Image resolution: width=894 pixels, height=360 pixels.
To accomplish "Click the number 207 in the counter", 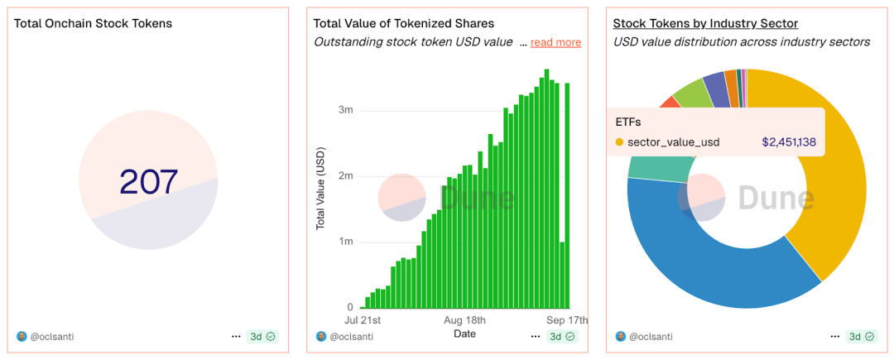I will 149,182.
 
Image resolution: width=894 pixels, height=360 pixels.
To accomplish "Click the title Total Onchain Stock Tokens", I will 94,23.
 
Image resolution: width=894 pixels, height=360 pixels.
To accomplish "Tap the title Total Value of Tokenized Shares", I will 404,23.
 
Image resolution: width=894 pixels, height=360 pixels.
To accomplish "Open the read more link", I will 555,42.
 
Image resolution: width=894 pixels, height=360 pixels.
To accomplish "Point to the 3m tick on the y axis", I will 345,110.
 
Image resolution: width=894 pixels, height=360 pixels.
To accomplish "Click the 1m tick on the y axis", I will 345,242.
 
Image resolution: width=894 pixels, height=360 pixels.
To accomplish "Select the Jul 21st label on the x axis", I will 363,320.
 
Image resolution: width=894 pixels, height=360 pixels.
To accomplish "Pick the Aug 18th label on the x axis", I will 464,320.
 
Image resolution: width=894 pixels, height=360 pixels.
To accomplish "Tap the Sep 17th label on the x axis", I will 568,320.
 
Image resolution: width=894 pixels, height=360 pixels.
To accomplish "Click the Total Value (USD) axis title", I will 321,188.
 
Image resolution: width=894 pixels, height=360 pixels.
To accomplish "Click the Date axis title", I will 464,334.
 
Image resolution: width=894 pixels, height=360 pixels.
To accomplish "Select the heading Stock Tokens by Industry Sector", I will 705,23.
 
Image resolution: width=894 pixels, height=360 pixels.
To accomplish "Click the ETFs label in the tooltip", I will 629,122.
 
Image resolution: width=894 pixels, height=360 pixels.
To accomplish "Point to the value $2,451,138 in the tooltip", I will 789,142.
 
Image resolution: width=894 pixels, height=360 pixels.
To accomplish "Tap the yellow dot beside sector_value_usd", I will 619,142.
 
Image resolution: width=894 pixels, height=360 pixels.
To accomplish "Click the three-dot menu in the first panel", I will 236,337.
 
